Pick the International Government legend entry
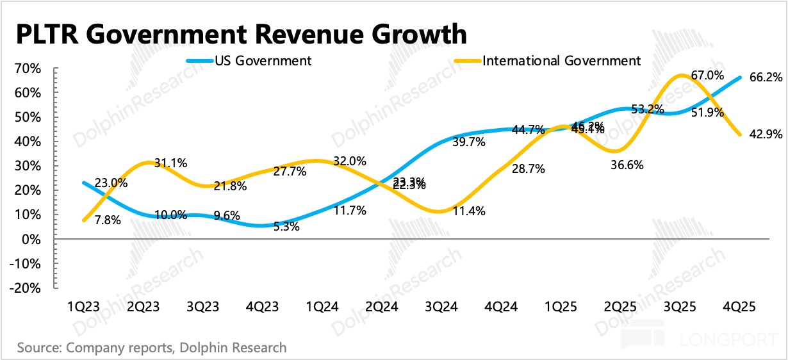coord(561,61)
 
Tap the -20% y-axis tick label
coord(29,288)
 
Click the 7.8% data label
coord(107,222)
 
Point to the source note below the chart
coord(152,348)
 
